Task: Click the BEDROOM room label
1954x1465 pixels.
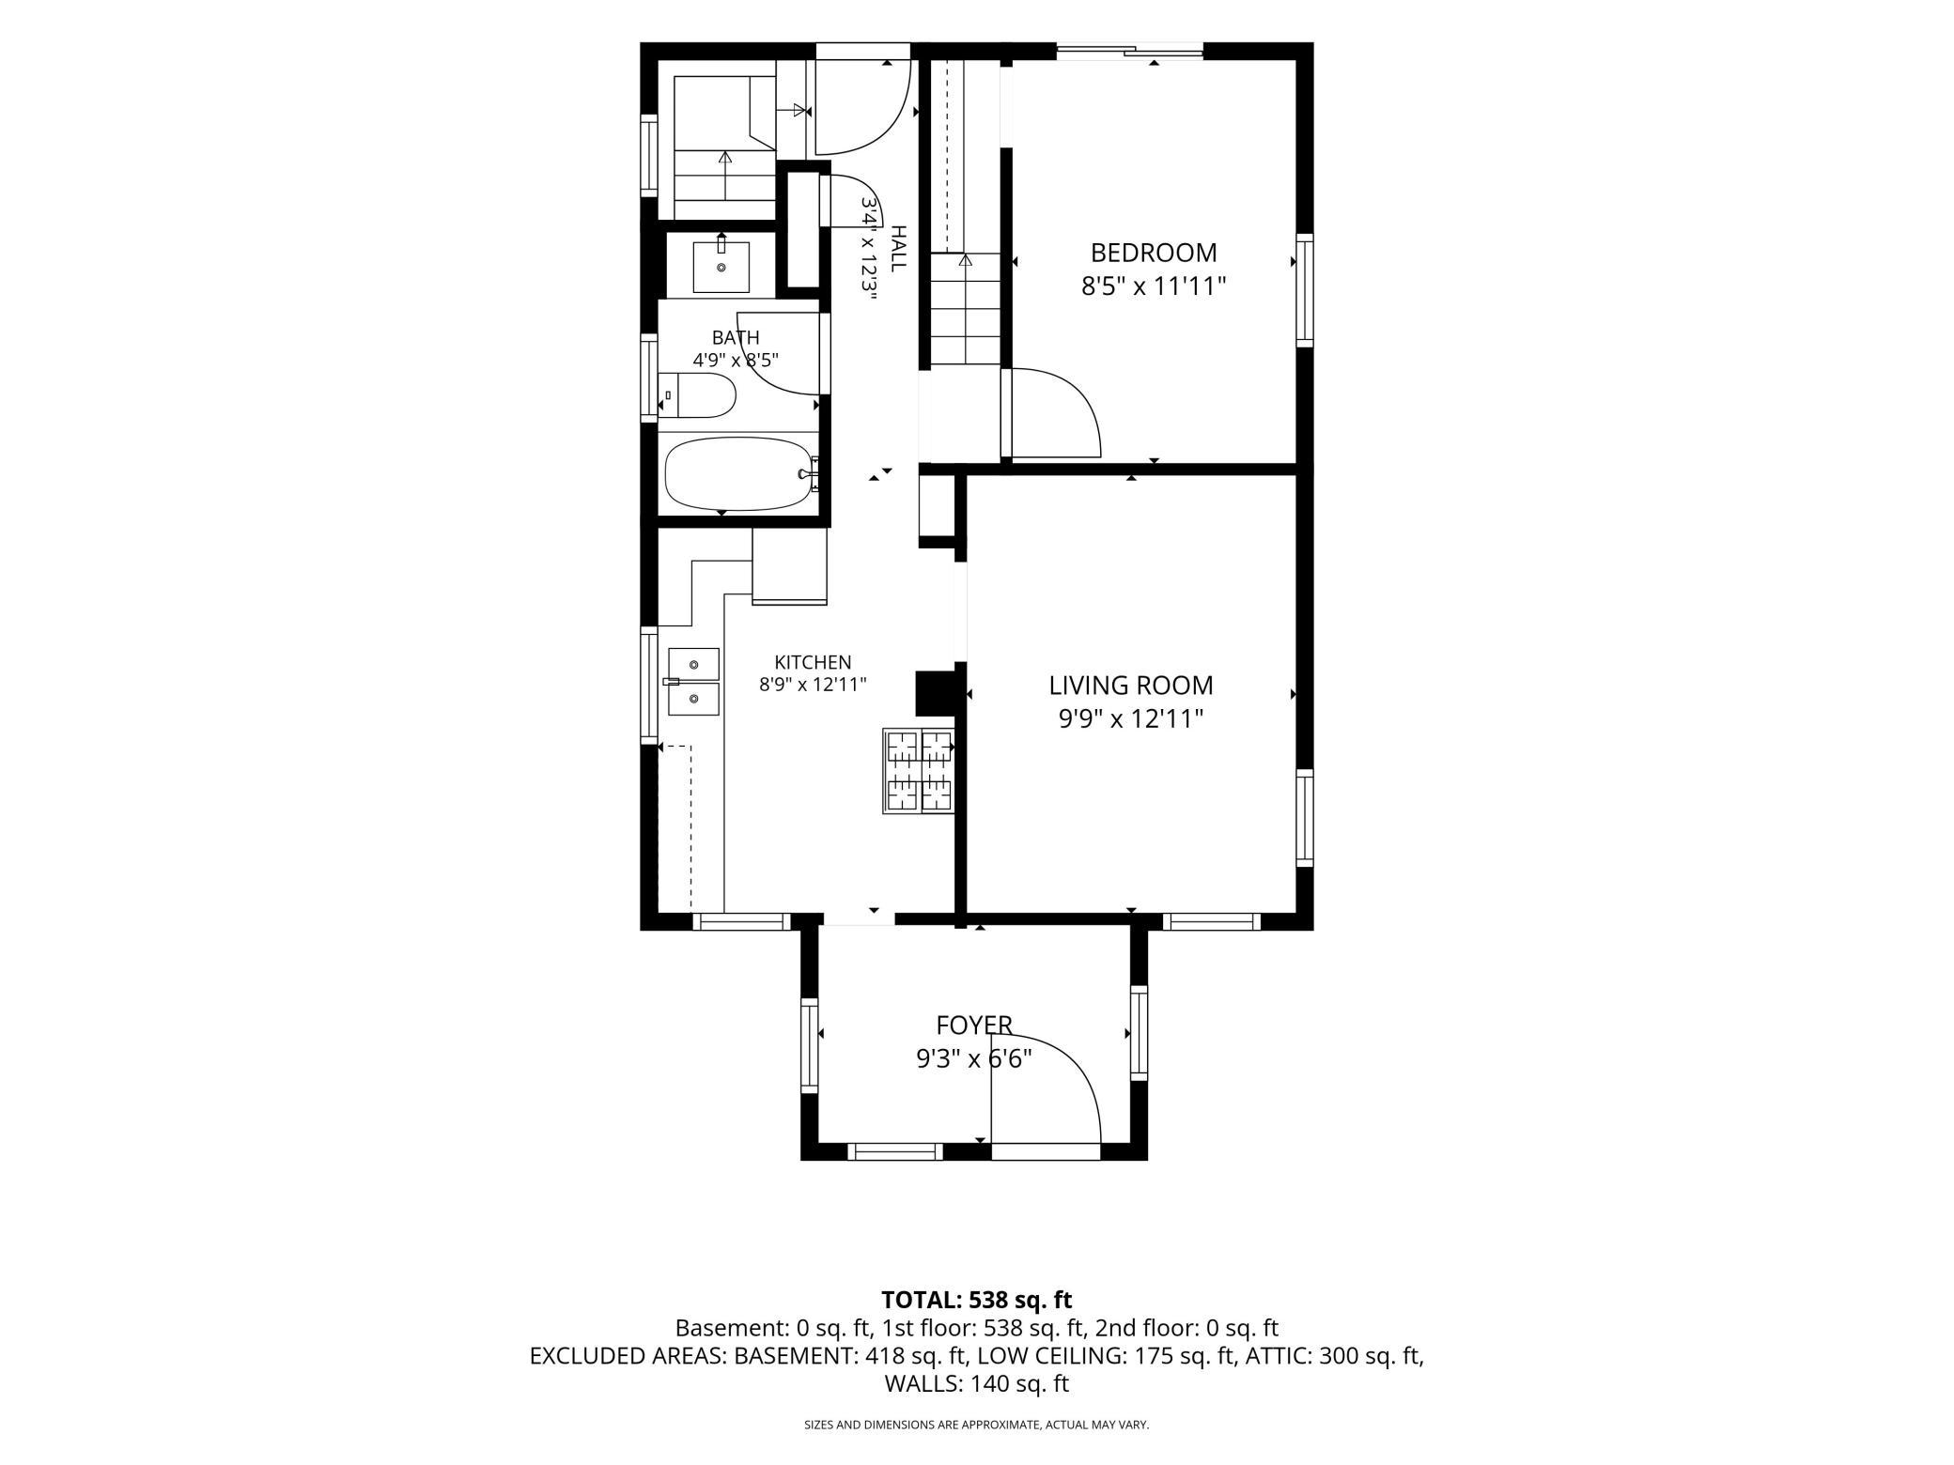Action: [1154, 253]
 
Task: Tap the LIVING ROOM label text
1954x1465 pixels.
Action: [1131, 686]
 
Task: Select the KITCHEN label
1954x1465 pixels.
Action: [813, 662]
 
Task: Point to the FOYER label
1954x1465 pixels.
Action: [974, 1025]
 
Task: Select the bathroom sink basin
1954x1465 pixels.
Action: [721, 267]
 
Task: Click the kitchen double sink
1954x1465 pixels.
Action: [693, 682]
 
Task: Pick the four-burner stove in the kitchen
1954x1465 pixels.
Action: [918, 771]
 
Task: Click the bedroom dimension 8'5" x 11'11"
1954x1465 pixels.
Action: [1154, 285]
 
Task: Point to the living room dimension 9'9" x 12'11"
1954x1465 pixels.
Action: [1131, 719]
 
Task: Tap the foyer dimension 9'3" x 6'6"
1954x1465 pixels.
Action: [974, 1059]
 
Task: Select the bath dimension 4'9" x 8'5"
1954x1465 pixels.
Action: [736, 360]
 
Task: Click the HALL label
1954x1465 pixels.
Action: [898, 249]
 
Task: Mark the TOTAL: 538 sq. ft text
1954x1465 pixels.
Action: [976, 1300]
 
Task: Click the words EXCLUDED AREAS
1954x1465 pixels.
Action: [628, 1356]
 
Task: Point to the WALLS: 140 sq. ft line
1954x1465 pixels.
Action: [976, 1383]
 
